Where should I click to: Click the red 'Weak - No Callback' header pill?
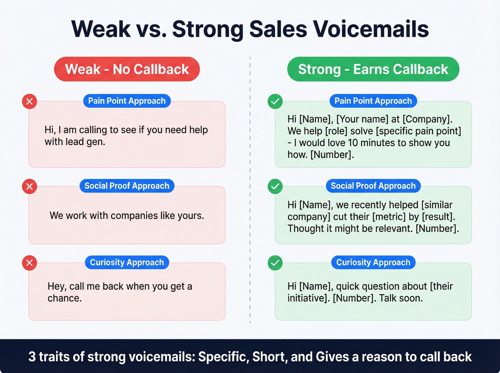click(127, 69)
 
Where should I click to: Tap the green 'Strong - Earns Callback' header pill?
click(373, 69)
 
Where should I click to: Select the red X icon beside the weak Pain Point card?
click(30, 101)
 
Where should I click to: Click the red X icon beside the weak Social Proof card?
click(30, 186)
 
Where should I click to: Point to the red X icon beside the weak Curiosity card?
click(30, 263)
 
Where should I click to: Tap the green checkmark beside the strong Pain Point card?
click(275, 101)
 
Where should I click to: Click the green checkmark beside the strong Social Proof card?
click(275, 186)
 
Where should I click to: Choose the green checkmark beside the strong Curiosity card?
click(275, 263)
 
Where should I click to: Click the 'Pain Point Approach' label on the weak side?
click(127, 101)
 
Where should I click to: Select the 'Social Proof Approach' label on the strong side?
click(373, 186)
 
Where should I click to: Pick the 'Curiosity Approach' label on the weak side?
click(127, 262)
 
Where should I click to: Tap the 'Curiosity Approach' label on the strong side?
click(373, 262)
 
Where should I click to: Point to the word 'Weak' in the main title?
click(101, 29)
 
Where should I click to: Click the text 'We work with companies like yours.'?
click(127, 216)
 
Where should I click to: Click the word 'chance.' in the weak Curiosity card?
click(65, 298)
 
